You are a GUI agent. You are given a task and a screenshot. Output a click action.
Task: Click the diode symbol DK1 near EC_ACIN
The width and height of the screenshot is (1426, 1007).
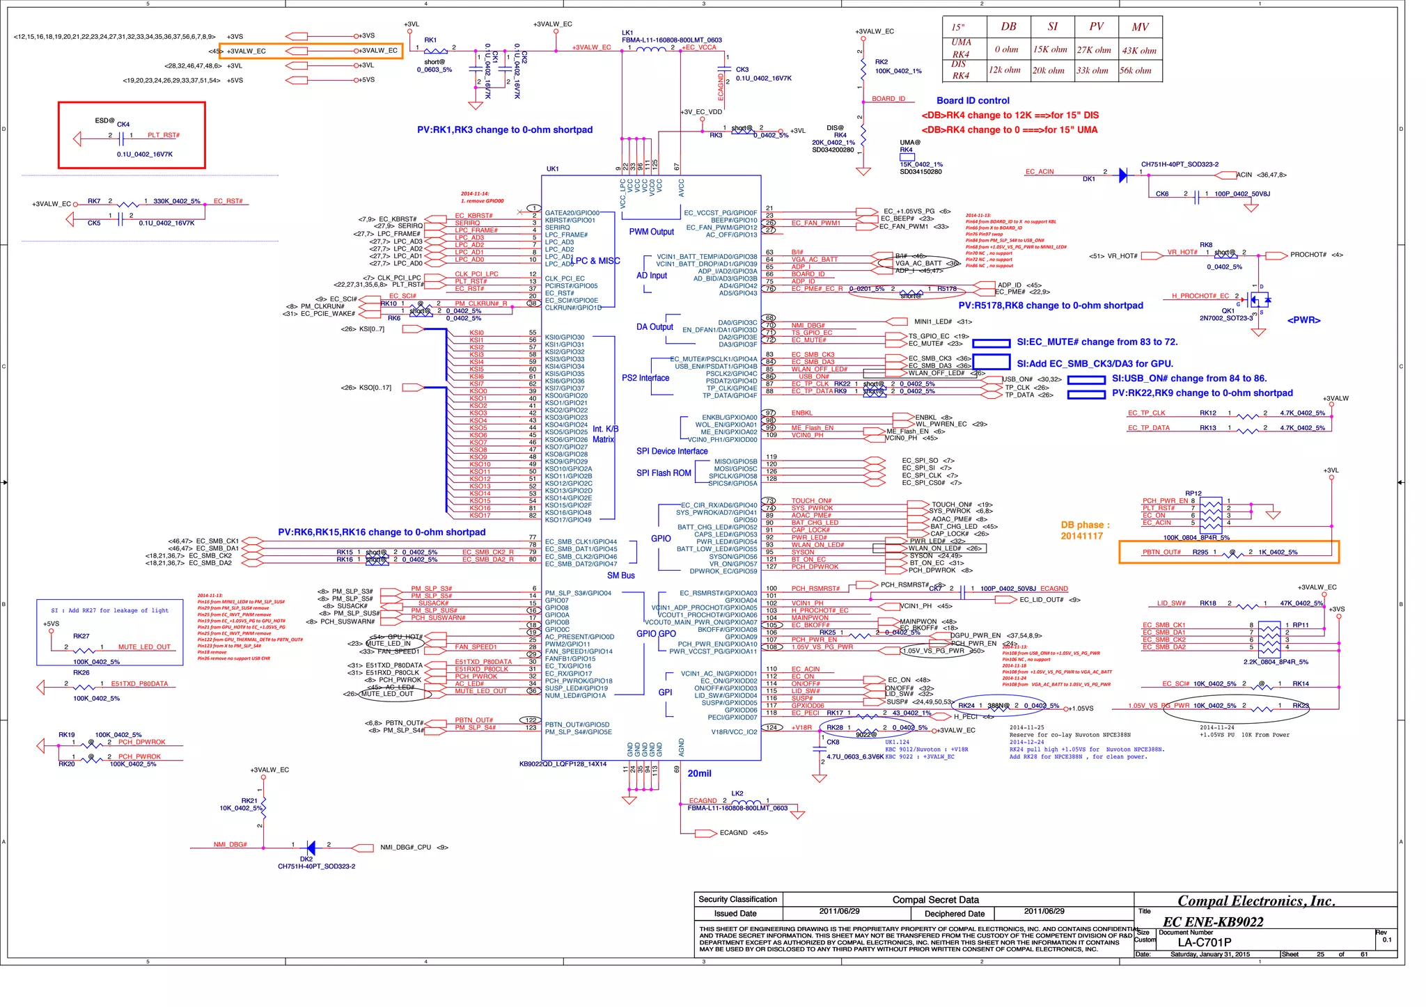point(1122,175)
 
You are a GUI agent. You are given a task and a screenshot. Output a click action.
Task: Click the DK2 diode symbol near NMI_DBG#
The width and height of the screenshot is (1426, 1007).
point(311,848)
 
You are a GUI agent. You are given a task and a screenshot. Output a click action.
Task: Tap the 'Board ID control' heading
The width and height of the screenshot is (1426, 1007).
point(973,101)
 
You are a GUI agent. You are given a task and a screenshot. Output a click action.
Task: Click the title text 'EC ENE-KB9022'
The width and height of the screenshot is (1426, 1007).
point(1213,921)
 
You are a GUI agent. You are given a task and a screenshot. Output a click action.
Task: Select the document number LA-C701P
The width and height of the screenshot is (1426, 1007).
point(1205,942)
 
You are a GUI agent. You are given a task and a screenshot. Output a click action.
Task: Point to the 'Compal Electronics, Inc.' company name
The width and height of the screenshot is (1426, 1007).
point(1256,901)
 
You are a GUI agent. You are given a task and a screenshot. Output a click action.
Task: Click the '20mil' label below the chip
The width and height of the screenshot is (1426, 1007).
point(699,773)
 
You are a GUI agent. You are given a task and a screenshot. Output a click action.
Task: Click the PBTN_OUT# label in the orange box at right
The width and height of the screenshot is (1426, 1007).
point(1161,553)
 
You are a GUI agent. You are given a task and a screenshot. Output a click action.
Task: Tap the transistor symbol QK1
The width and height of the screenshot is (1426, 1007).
point(1258,301)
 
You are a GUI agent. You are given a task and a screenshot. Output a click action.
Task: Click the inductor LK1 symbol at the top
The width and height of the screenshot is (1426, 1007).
point(652,49)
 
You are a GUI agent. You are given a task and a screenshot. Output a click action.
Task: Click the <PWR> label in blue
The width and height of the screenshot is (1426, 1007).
point(1303,320)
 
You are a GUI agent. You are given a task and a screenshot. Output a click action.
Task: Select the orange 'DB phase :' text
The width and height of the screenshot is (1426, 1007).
point(1085,525)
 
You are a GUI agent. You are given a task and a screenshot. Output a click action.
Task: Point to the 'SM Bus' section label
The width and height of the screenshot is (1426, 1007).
point(620,576)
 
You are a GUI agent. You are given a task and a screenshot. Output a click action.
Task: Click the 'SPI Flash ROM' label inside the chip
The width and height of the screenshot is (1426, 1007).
point(664,473)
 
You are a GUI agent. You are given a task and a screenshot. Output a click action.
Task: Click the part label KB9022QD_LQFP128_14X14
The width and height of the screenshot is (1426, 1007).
point(563,764)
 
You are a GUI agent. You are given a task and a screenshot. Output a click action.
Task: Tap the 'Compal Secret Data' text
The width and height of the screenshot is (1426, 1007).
point(935,900)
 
